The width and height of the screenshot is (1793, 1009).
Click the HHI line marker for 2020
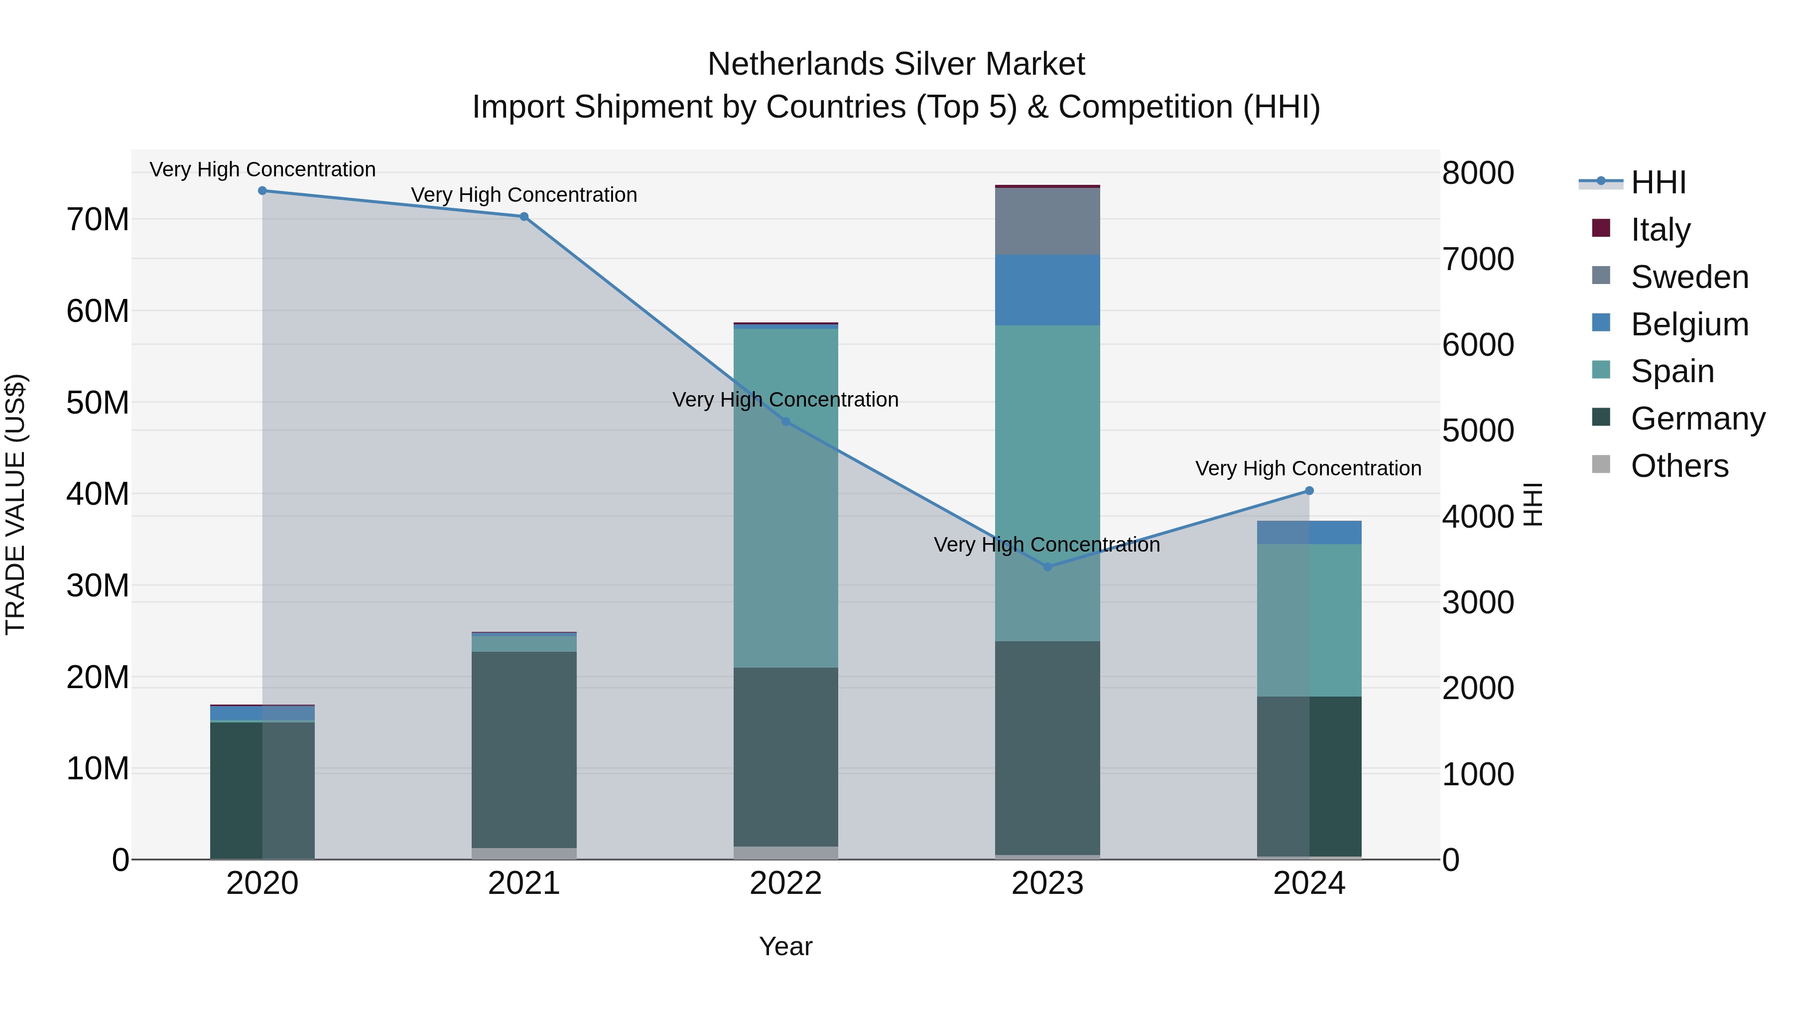point(262,191)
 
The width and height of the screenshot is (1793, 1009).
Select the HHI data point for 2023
point(1047,567)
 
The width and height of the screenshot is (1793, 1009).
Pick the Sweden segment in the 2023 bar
point(1047,221)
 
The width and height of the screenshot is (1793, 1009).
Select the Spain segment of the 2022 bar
point(786,498)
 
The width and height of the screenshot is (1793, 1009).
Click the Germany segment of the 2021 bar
point(524,749)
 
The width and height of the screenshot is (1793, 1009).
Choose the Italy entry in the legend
point(1660,229)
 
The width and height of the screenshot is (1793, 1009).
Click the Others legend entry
point(1679,465)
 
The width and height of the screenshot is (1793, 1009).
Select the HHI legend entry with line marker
point(1632,182)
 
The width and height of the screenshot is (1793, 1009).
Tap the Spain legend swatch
point(1601,370)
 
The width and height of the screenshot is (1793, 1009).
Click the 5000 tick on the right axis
point(1478,431)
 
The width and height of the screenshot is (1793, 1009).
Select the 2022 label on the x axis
point(786,883)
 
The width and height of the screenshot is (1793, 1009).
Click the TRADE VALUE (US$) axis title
point(15,504)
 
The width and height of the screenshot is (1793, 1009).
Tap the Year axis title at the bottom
point(786,946)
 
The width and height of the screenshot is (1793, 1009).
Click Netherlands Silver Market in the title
point(896,64)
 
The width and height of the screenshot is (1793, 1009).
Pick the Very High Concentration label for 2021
point(524,195)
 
